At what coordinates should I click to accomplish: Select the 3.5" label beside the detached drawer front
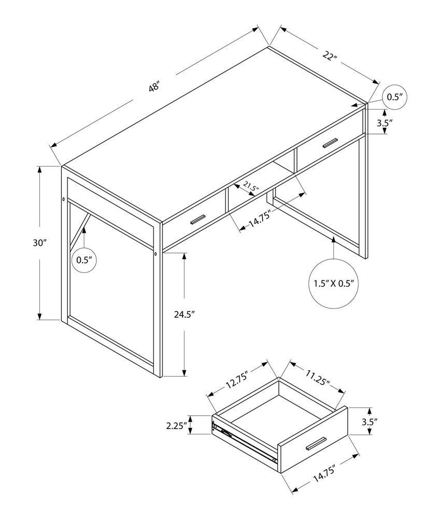coord(369,422)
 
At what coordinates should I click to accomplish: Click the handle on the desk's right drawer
coord(330,143)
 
